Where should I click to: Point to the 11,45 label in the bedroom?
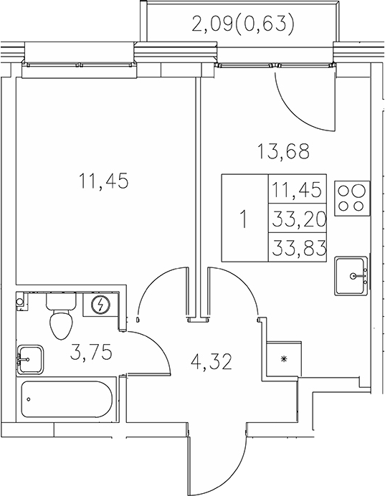pyautogui.click(x=104, y=182)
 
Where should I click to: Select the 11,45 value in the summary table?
pyautogui.click(x=298, y=191)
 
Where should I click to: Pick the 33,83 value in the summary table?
pyautogui.click(x=298, y=248)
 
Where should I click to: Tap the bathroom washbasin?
pyautogui.click(x=30, y=356)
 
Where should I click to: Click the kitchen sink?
pyautogui.click(x=352, y=275)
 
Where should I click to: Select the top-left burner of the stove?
pyautogui.click(x=343, y=191)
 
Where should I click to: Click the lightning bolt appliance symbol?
pyautogui.click(x=102, y=305)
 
